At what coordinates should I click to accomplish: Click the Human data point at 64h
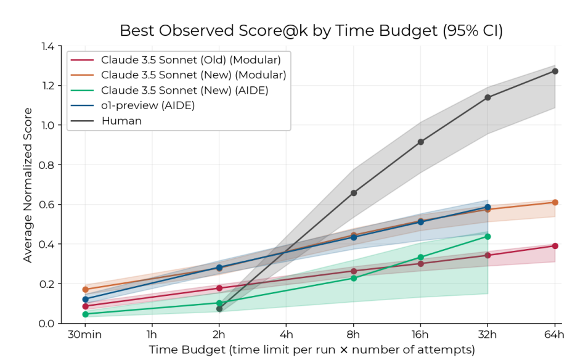(555, 71)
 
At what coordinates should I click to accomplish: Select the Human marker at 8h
(354, 193)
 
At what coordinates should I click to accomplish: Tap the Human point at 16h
(421, 142)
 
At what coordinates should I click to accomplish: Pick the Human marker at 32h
(487, 97)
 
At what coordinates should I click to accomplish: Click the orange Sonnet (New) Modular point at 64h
(555, 202)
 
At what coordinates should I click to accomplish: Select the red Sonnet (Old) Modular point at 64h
(555, 246)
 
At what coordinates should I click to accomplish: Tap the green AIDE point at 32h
(487, 236)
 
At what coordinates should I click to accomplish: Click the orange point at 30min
(85, 289)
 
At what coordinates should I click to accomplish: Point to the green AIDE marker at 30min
(85, 314)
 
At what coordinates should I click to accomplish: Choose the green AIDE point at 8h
(354, 278)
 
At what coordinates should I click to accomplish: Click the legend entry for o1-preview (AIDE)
(148, 105)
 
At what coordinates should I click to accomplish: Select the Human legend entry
(121, 121)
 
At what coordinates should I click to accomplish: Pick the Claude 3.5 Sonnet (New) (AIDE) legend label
(185, 90)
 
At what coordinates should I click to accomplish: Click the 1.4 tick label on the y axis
(47, 46)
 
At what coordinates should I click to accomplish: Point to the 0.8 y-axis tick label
(47, 165)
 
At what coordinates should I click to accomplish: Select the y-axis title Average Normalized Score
(28, 185)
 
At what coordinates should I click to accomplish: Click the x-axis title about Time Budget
(311, 350)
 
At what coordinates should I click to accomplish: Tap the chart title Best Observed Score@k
(311, 31)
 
